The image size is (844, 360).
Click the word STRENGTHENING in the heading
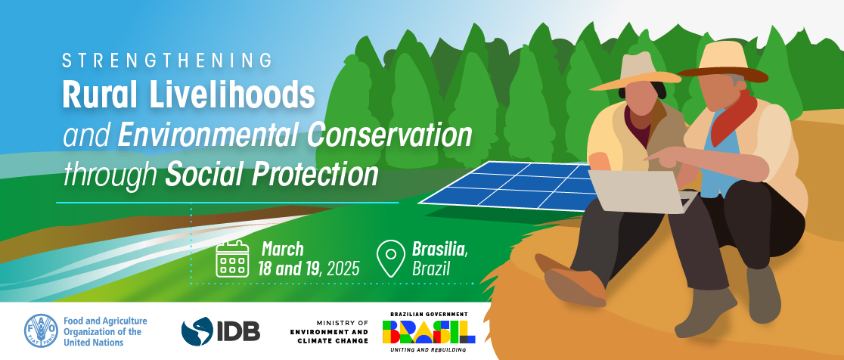[167, 61]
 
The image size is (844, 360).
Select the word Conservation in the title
[389, 135]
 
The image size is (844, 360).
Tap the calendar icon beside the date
[232, 259]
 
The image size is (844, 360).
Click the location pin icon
[391, 259]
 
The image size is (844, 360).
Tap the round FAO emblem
[41, 331]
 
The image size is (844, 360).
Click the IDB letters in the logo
[238, 331]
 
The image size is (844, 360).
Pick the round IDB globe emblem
[197, 331]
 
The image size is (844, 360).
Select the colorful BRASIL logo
[429, 332]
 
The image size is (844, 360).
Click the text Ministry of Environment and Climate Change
[333, 331]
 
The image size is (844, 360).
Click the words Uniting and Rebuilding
[429, 350]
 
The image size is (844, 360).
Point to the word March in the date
[283, 249]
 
